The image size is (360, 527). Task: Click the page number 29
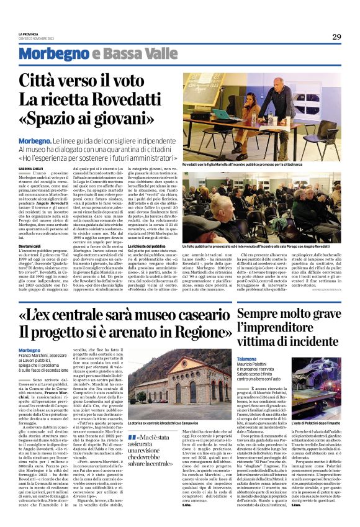pyautogui.click(x=336, y=36)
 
